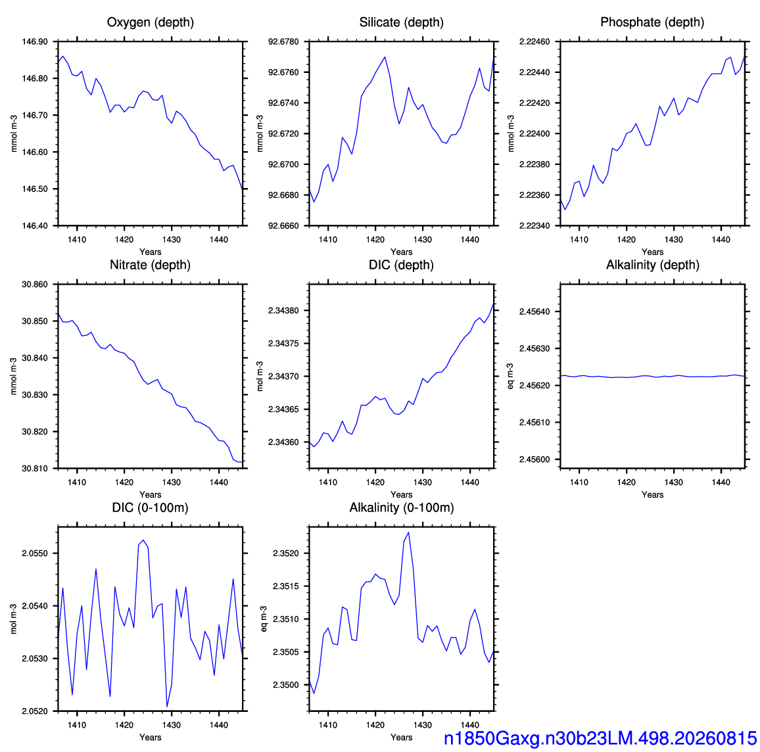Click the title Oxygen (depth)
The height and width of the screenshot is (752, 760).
pos(151,22)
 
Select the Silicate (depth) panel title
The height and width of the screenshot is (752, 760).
pos(401,22)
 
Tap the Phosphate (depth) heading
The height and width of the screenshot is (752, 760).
pos(652,22)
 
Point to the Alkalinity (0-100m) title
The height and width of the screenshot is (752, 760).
pos(402,507)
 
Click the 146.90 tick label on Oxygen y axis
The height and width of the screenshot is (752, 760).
pos(35,41)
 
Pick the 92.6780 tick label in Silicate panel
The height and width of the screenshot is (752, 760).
pos(283,41)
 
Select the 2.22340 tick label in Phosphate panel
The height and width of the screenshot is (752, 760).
pos(534,225)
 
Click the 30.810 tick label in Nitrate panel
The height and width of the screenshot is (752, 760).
pos(35,469)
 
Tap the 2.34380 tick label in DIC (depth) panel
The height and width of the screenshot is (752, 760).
pos(283,310)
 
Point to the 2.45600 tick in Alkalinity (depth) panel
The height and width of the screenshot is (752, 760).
pos(534,459)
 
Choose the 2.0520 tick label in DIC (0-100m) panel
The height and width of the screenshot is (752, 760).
pos(35,711)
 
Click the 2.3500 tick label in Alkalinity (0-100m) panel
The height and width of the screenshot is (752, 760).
pos(286,685)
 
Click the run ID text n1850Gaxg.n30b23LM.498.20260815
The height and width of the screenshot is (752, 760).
pos(600,738)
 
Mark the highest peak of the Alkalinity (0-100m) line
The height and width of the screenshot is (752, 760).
pos(408,532)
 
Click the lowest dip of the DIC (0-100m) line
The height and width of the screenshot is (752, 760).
pos(167,707)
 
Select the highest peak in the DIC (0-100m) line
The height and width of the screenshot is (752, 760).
pos(143,540)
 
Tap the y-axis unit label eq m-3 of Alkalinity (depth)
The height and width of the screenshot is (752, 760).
pos(510,376)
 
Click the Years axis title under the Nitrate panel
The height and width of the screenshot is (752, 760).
pos(151,495)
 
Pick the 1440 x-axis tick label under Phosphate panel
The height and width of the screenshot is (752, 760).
pos(721,239)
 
